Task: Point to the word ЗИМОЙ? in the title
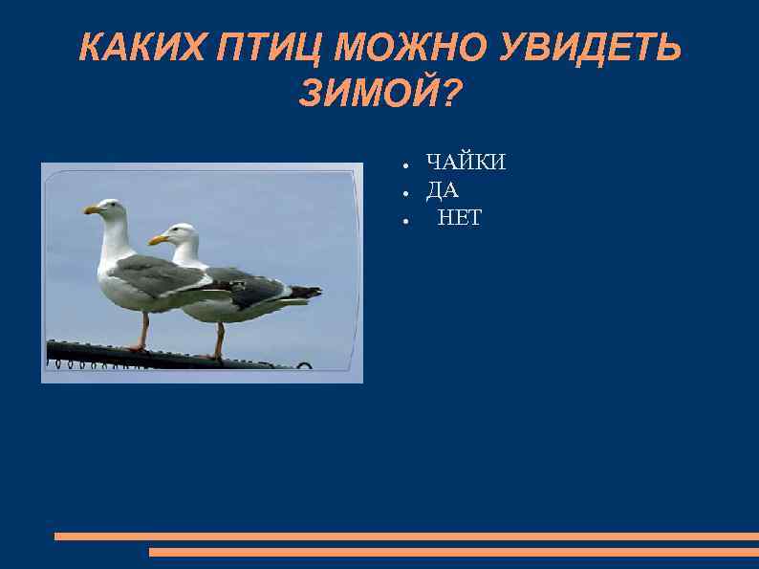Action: coord(379,94)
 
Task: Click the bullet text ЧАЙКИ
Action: coord(466,163)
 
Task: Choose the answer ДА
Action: coord(443,190)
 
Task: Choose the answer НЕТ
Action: coord(460,219)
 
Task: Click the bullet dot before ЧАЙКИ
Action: coord(405,164)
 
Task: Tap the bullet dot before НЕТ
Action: coord(405,220)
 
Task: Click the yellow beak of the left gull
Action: coord(92,209)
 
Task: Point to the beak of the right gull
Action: coord(157,239)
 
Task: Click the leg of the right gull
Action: coord(220,339)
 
